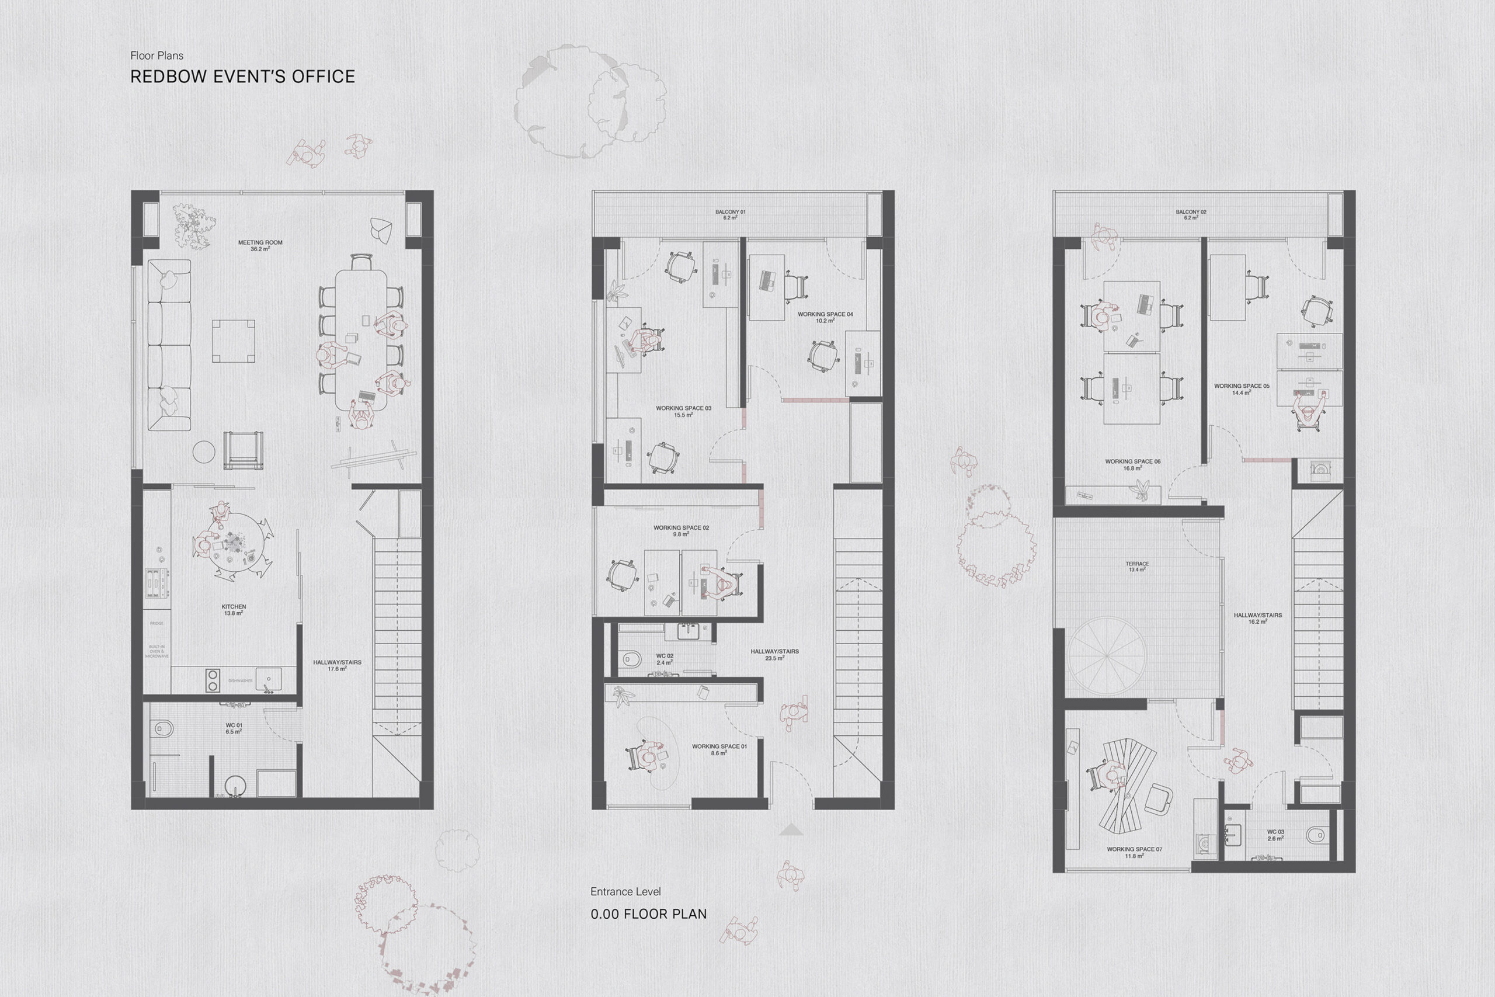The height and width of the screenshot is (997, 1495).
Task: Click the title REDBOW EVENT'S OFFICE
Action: pos(242,77)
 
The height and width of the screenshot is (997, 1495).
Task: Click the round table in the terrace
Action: pos(1107,655)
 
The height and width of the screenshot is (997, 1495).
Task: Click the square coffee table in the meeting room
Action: pos(233,342)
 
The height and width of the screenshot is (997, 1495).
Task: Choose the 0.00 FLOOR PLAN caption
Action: pos(648,914)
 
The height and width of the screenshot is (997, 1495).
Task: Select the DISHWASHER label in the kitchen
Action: pos(240,681)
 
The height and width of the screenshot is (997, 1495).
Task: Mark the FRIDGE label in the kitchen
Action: pos(157,623)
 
